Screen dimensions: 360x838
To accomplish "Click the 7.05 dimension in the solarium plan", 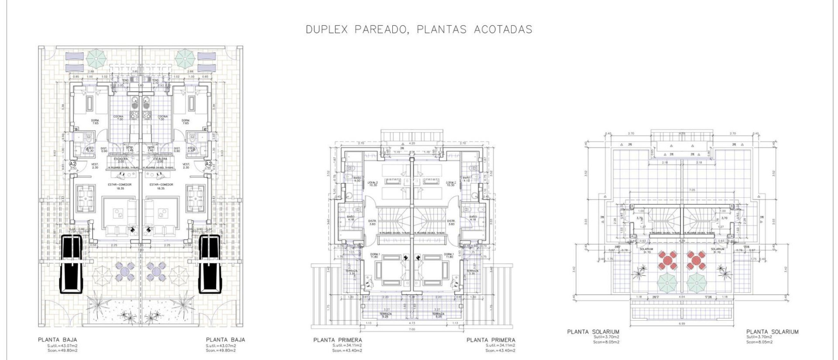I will (680, 190).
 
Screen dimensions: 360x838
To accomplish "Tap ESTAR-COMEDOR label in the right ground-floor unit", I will (161, 184).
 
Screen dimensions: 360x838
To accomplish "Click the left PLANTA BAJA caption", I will (57, 340).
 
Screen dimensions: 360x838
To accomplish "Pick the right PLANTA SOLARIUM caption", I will (772, 332).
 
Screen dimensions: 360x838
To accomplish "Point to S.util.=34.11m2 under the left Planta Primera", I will (347, 345).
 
